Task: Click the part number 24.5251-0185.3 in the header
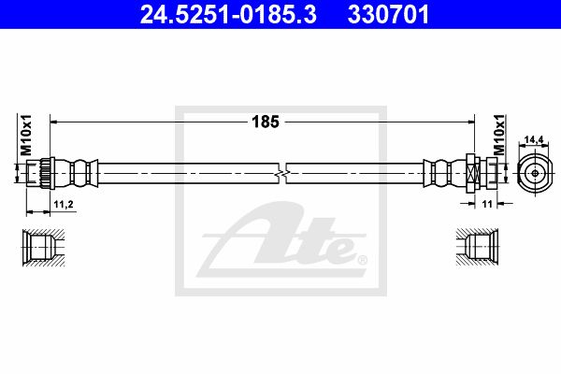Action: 228,14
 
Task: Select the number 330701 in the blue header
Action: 388,14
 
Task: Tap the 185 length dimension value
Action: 266,122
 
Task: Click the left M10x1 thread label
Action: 26,135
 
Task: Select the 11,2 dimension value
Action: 64,205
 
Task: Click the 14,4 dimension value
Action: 534,139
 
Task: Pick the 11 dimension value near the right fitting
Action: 487,204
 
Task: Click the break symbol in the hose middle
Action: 282,174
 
